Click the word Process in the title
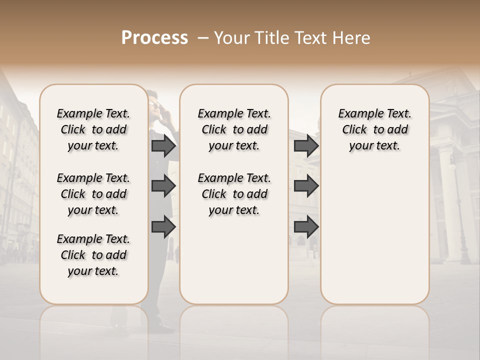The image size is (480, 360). coord(154,38)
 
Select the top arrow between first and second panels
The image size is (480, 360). coord(163,146)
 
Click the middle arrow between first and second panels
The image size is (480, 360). coord(163,186)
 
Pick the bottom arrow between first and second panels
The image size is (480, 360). coord(163,227)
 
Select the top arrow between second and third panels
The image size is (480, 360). coord(306,146)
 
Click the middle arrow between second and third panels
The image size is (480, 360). coord(306,186)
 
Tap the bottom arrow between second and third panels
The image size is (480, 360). coord(306,227)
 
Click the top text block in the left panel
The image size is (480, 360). coord(93,129)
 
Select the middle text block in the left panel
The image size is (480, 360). coord(93,194)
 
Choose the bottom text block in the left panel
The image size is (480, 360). coord(93,255)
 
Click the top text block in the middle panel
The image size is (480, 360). coord(234,129)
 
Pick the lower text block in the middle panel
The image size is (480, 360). coord(234,194)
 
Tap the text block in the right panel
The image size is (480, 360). coord(374,129)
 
